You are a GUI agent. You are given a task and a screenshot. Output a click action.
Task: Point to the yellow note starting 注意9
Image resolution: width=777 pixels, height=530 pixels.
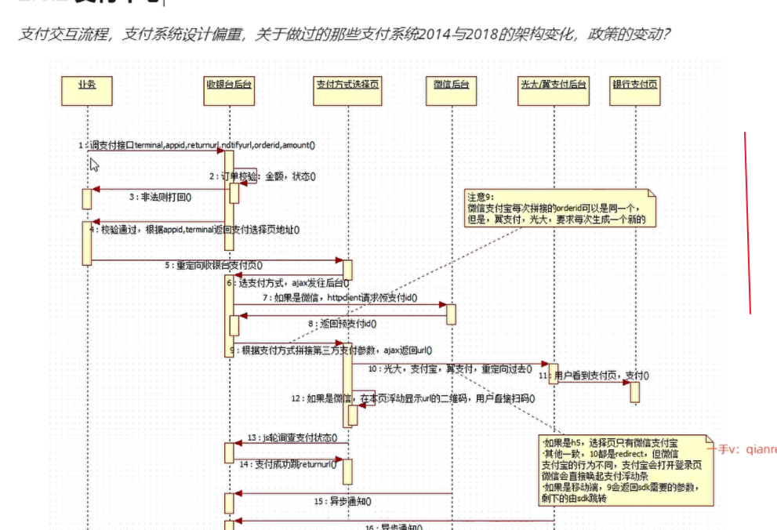point(559,209)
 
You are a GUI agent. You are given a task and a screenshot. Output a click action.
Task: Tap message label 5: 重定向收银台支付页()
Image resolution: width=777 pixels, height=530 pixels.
point(214,265)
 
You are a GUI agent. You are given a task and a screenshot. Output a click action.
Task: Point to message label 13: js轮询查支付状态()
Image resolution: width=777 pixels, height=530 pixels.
point(292,437)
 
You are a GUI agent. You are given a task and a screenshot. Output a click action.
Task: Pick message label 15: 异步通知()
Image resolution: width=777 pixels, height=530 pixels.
point(343,500)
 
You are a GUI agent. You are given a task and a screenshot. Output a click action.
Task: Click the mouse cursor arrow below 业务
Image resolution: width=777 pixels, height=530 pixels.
point(94,165)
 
